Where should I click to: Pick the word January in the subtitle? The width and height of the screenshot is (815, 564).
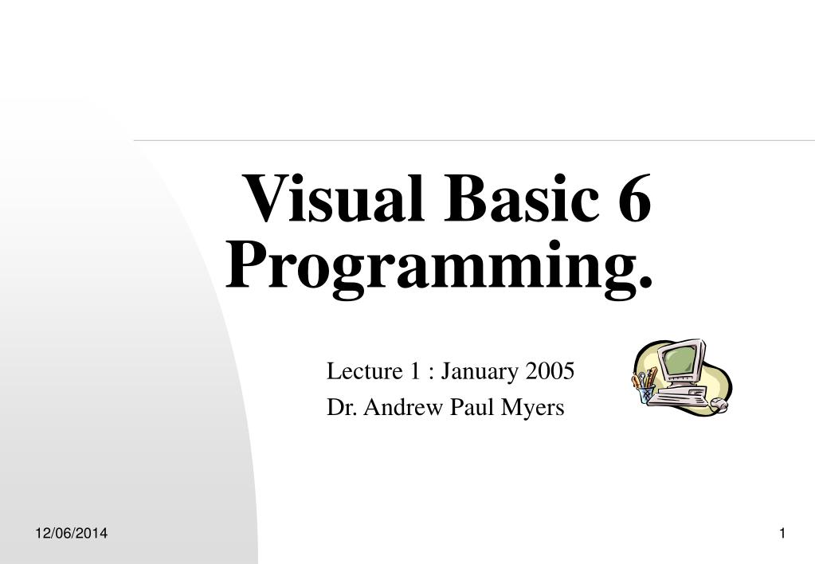pos(480,372)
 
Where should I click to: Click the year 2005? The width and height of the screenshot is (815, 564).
pos(549,371)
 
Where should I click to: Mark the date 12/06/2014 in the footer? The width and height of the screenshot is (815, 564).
pos(72,533)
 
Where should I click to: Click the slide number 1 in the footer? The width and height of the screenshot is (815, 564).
pos(782,533)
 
